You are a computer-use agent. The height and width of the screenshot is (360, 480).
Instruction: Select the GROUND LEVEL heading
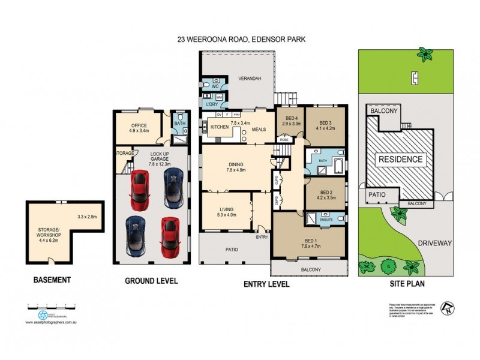click(x=151, y=280)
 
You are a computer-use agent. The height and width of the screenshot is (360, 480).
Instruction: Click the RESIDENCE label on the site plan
click(x=400, y=160)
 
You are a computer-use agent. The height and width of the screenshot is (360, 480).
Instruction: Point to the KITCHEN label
click(x=220, y=127)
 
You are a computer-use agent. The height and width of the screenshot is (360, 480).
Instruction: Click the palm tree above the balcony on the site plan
click(x=427, y=56)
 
